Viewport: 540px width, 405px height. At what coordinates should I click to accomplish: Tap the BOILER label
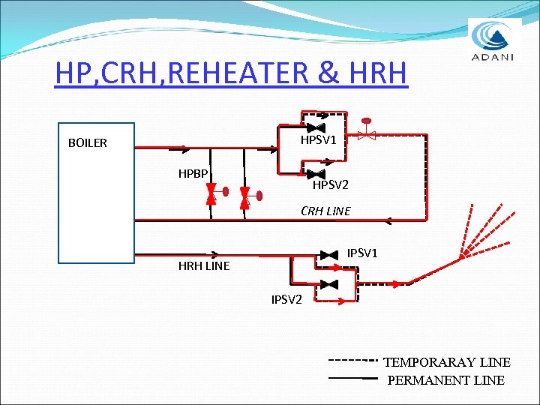(88, 142)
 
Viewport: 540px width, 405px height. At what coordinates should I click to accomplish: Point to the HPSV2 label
(331, 184)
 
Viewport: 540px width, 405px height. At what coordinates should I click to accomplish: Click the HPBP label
(193, 174)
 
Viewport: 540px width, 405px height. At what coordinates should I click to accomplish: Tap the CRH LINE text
(325, 211)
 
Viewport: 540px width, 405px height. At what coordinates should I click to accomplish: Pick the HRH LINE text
(204, 265)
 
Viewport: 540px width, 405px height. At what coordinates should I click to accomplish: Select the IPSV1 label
(362, 253)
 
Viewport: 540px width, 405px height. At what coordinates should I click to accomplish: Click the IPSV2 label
(286, 300)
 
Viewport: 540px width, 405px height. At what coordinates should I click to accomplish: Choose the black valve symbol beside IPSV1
(328, 256)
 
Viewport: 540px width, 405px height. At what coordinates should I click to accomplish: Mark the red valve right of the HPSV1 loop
(366, 136)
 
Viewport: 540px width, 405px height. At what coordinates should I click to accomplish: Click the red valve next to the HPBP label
(211, 196)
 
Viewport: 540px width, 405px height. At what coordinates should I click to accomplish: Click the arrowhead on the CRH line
(390, 220)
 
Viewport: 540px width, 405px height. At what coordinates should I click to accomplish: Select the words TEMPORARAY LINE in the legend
(447, 362)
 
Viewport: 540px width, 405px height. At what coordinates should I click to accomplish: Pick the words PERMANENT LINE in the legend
(445, 380)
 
